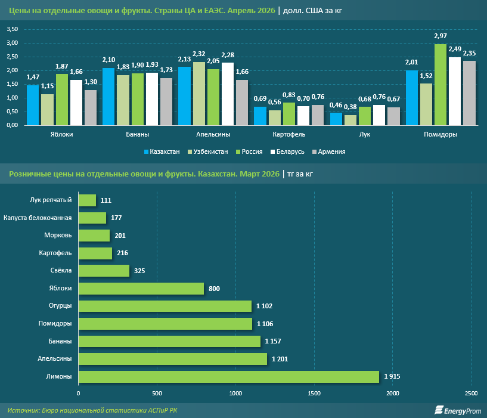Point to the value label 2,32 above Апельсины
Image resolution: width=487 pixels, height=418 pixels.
click(198, 54)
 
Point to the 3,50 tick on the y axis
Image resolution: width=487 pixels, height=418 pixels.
click(13, 29)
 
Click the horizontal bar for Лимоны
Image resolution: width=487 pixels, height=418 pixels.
click(228, 377)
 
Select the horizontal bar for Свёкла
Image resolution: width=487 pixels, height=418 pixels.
click(104, 271)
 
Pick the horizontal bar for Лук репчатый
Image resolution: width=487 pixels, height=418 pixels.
click(87, 200)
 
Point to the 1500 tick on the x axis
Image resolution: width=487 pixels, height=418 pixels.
click(314, 394)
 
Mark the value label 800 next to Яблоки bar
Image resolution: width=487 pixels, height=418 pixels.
click(215, 289)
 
